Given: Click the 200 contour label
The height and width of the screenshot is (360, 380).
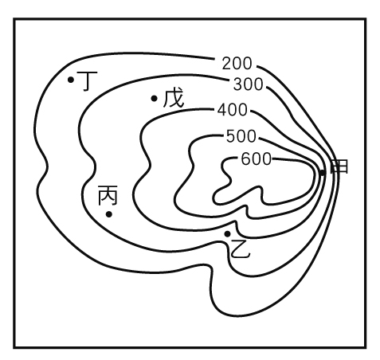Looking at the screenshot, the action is coord(237,64).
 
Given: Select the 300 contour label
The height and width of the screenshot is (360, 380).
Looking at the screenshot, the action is coord(248,84).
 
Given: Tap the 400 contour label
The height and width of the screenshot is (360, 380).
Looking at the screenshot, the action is coord(233,110).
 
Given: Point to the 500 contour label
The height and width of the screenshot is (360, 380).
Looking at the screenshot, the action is coord(241,136).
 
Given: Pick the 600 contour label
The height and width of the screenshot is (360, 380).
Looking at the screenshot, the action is coord(256,159).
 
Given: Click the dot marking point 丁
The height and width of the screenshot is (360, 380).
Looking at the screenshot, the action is coord(71,80).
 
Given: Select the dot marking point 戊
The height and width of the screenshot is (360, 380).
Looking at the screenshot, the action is coord(154,99).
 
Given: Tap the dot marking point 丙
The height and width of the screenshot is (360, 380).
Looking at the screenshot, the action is coord(109,214).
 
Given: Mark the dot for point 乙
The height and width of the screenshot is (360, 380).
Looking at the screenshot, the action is coord(228,234).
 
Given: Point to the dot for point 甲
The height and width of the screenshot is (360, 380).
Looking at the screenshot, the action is coord(323,173).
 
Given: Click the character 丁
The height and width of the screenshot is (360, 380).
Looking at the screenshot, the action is coord(88,81).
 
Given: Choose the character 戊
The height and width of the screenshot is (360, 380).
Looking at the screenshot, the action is coord(174,98).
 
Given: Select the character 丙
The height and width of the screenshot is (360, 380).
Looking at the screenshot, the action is coord(108,195).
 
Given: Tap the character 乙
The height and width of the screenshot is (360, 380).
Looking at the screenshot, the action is coord(241,248).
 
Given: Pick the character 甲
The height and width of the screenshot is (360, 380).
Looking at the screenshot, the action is coord(339,166).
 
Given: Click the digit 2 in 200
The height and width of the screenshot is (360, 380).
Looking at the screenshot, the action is coord(226,64).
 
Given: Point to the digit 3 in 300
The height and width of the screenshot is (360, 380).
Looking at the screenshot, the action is coord(238,84).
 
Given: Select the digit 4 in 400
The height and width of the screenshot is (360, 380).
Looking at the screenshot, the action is coord(222,110).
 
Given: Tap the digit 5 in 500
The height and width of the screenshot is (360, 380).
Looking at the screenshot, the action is coord(231,136).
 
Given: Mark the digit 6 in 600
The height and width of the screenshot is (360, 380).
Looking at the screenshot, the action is coord(246,159).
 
